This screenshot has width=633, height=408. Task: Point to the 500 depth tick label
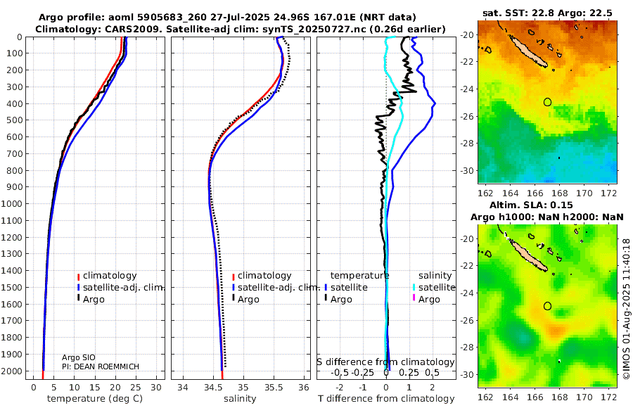click(16, 120)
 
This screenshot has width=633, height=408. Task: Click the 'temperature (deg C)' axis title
click(96, 399)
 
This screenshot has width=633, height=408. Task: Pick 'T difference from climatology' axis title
click(385, 399)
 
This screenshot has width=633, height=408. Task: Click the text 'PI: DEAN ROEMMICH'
click(101, 366)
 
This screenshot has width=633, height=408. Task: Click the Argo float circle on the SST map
click(548, 102)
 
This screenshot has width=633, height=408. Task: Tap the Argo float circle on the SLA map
click(548, 306)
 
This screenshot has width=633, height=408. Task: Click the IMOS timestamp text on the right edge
click(626, 310)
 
